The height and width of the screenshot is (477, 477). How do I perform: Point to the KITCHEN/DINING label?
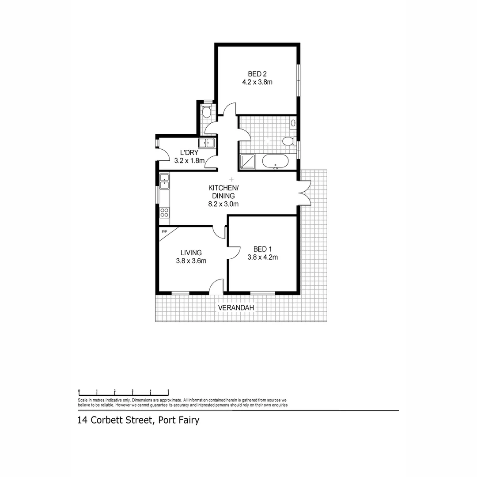[223, 192]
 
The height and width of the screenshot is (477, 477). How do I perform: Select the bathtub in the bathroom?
[275, 162]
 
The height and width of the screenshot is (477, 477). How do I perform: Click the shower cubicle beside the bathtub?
[247, 162]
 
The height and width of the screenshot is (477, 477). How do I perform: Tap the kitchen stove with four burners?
[164, 212]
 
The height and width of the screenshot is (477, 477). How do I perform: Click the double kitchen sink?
[164, 181]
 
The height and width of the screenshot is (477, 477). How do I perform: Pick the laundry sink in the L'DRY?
[206, 143]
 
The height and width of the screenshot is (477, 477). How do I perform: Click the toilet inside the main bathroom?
[288, 141]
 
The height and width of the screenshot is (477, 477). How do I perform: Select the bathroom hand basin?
[293, 122]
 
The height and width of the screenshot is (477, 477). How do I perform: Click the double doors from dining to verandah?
[305, 193]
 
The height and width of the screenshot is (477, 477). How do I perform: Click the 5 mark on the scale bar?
[168, 391]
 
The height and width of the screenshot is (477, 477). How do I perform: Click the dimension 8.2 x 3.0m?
[223, 204]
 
